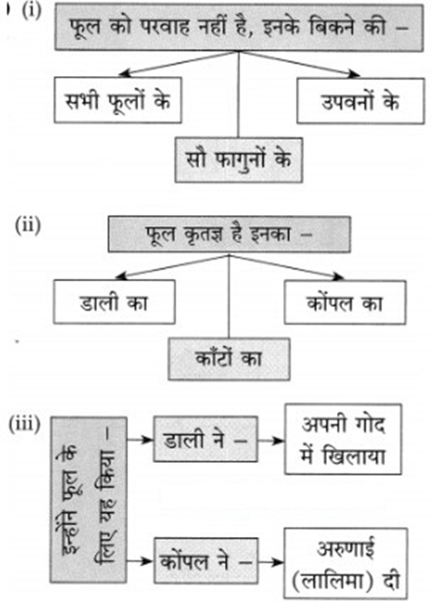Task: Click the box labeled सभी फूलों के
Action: click(118, 101)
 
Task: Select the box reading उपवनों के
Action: click(360, 101)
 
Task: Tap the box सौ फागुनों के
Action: click(239, 160)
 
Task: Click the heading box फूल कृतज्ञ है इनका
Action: click(230, 234)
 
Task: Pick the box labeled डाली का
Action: click(113, 302)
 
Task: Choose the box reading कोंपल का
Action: click(345, 302)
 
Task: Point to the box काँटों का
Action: click(229, 359)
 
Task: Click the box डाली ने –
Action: click(205, 439)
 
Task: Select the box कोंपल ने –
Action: click(206, 561)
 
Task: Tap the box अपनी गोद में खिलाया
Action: click(343, 439)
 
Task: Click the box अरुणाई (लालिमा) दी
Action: click(346, 563)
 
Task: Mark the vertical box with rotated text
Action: click(88, 500)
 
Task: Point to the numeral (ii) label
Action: click(28, 225)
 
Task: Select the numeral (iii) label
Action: click(25, 425)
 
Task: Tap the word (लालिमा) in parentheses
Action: click(333, 581)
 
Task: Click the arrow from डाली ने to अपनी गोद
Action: click(271, 440)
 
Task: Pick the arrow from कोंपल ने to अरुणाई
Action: click(271, 562)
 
